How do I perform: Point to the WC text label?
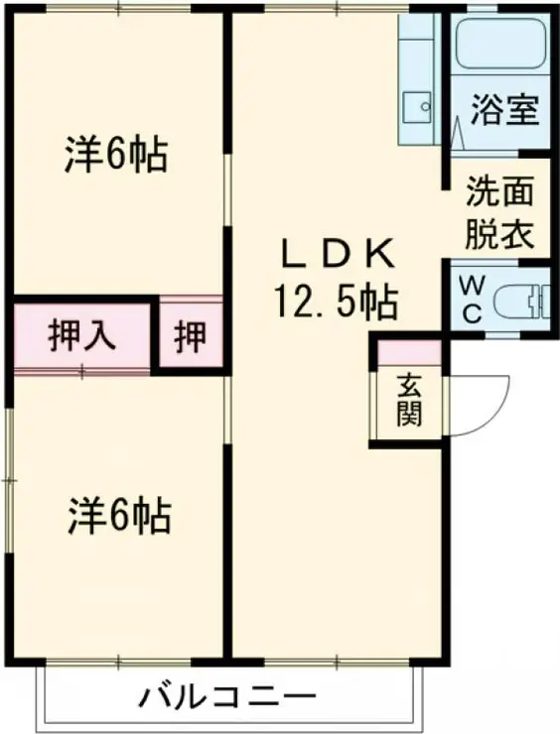470,299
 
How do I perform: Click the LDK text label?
338,257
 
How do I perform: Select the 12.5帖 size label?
331,300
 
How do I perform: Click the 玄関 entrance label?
409,397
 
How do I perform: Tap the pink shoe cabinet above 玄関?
408,351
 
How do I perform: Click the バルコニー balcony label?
221,697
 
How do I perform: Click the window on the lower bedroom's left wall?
9,481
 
